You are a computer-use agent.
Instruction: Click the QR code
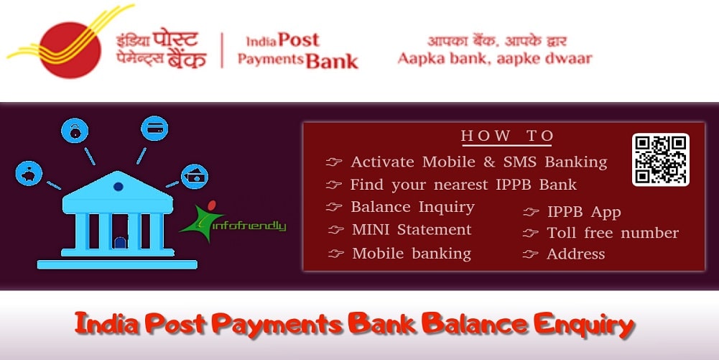(x=660, y=160)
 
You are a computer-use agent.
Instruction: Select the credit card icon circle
(x=155, y=129)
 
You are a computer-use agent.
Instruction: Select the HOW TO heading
(x=507, y=136)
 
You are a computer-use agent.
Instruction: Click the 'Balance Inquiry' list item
(x=412, y=207)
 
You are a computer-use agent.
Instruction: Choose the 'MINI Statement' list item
(x=412, y=230)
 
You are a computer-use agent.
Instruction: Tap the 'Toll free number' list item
(x=612, y=233)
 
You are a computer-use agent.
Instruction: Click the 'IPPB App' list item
(x=583, y=212)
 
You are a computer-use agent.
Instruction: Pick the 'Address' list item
(x=575, y=254)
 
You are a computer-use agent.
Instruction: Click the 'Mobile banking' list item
(x=411, y=253)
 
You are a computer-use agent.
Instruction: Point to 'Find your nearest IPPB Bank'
(x=463, y=185)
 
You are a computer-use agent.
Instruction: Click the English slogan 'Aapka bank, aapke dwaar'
(x=495, y=59)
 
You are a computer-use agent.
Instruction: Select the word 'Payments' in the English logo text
(x=270, y=60)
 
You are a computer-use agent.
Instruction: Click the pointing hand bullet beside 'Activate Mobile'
(x=333, y=162)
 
